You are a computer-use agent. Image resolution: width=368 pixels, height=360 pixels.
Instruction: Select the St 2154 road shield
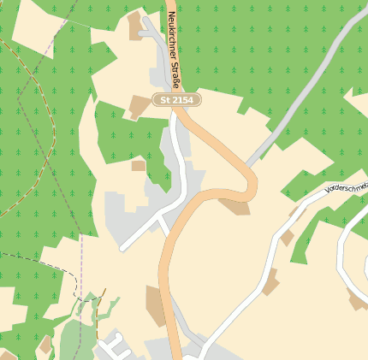(x=176, y=100)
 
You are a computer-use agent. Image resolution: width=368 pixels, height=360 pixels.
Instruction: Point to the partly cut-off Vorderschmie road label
(x=347, y=187)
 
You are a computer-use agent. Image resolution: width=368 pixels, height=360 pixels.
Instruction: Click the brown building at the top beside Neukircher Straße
(x=135, y=25)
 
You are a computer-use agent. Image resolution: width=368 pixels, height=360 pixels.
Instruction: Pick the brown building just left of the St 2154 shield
(x=139, y=106)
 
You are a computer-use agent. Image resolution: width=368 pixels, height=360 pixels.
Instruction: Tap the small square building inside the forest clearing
(x=139, y=165)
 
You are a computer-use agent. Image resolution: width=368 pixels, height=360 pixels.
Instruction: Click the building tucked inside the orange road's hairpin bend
(x=234, y=204)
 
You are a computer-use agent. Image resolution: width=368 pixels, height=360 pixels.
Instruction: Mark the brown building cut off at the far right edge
(x=357, y=300)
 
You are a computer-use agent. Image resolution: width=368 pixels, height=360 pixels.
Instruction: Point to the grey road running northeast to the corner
(x=308, y=94)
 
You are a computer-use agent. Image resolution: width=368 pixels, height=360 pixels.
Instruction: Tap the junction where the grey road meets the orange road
(x=247, y=164)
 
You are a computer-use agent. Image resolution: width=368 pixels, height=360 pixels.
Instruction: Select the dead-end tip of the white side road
(x=122, y=249)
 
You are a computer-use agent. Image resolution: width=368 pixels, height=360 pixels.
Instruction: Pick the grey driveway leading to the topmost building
(x=156, y=33)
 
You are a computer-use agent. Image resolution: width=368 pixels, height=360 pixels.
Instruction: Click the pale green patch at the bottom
(x=77, y=338)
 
